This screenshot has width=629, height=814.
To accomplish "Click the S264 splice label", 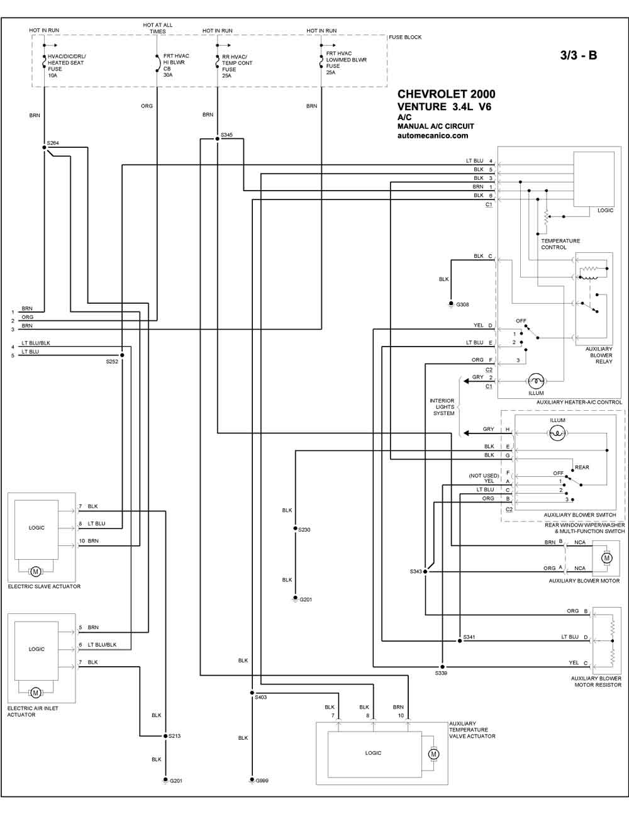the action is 53,143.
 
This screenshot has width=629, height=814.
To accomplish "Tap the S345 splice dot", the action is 217,139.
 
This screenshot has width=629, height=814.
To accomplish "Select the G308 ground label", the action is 462,304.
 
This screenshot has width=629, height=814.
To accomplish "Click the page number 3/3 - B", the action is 579,55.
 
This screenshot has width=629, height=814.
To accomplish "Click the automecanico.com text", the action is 433,136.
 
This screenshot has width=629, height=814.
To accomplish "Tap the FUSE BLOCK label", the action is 405,37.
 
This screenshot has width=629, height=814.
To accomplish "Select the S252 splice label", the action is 112,362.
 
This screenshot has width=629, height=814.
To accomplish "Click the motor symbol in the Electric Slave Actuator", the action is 36,571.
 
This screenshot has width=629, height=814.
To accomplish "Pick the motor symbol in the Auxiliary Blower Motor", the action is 607,558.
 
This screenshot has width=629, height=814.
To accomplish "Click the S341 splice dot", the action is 460,641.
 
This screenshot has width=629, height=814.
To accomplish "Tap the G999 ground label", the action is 262,781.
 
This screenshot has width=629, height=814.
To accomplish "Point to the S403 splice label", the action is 261,697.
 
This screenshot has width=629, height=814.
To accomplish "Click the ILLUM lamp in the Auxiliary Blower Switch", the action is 557,433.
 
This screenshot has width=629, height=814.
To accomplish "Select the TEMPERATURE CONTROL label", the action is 560,244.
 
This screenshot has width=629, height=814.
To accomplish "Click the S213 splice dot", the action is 165,736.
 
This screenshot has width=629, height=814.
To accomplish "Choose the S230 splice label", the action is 304,530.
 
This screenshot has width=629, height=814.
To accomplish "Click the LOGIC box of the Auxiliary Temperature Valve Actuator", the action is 375,754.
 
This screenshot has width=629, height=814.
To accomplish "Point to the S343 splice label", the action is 416,571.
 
